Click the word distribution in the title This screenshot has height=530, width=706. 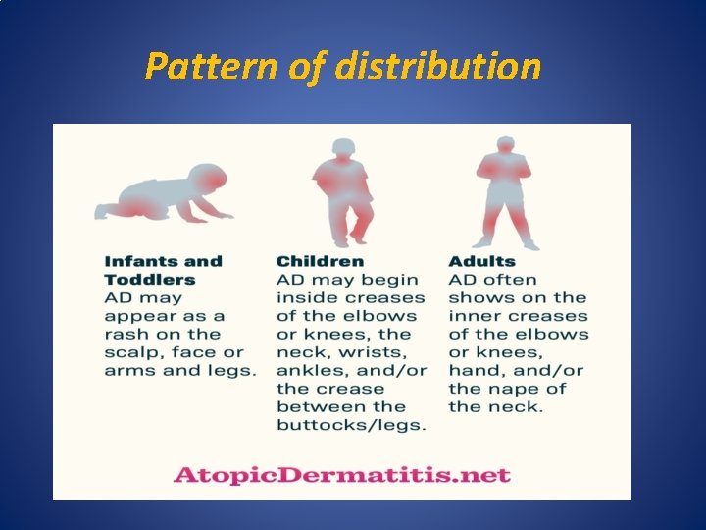[x=437, y=67]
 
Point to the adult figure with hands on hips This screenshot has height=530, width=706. [x=506, y=191]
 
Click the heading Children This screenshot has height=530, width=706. [x=320, y=261]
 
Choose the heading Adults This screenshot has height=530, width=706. [x=481, y=261]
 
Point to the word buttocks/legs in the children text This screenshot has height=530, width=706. [x=351, y=425]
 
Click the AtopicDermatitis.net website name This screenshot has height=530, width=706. [x=342, y=475]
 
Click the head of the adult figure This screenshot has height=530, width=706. [x=506, y=144]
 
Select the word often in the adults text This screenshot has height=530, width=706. [x=511, y=280]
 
